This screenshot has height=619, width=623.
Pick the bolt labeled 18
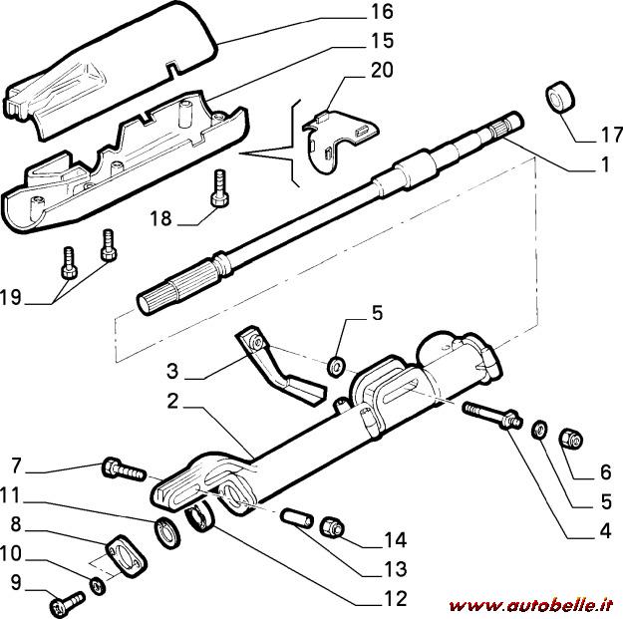pyautogui.click(x=218, y=188)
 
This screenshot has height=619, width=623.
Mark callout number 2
pyautogui.click(x=173, y=402)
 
